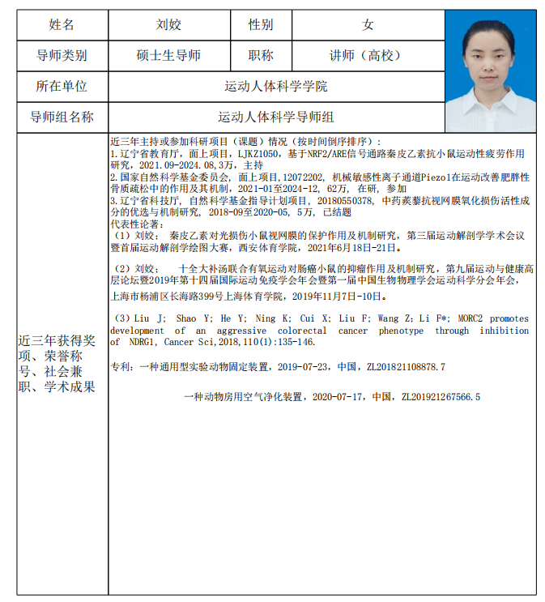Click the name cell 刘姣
click(x=168, y=25)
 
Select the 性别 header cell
click(x=261, y=25)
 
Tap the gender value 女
click(x=368, y=25)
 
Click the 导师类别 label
click(x=62, y=56)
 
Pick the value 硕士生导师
click(x=168, y=56)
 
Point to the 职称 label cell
click(x=261, y=56)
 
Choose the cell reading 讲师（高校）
click(x=368, y=56)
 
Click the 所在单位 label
click(x=62, y=86)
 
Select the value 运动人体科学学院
click(x=275, y=86)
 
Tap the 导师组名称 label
click(x=62, y=117)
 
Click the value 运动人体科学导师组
click(x=275, y=117)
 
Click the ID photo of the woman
click(x=491, y=71)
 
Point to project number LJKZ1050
click(x=259, y=152)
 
